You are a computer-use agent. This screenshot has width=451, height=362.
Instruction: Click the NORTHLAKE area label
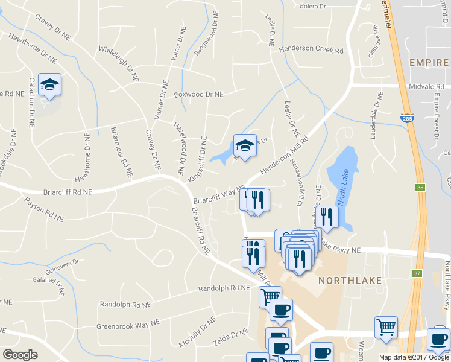coord(347,280)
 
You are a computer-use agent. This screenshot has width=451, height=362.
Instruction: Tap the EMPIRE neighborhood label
coord(428,63)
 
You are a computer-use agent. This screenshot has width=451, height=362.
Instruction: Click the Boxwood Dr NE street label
coord(198,94)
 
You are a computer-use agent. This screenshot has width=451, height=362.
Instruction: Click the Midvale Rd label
coord(434,86)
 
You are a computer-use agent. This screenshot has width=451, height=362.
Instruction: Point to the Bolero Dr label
coord(312,7)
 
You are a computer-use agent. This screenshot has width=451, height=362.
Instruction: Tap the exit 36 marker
coord(420,188)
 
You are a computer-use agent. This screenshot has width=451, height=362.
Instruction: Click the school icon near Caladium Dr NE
coord(49,85)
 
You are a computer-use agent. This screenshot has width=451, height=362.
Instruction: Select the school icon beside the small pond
coord(245,145)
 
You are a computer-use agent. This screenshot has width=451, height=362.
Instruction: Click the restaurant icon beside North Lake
coord(327,217)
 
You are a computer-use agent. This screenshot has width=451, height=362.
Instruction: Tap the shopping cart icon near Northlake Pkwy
coord(386,328)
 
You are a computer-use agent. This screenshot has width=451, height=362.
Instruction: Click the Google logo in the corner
coord(20,355)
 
